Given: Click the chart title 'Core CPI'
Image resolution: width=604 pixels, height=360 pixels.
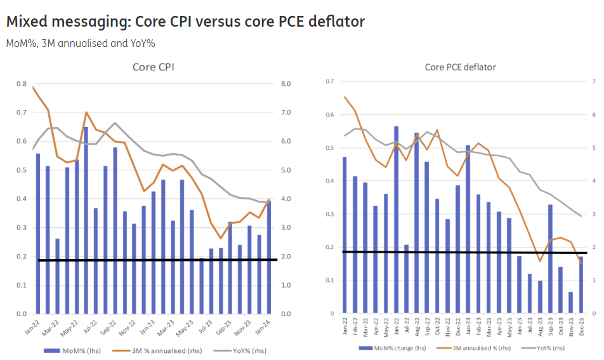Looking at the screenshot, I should click(154, 67).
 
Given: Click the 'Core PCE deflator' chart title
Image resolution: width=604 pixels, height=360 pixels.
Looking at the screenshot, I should click(460, 67).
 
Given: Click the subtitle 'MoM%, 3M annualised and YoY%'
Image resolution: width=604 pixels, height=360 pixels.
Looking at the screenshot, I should click(81, 43).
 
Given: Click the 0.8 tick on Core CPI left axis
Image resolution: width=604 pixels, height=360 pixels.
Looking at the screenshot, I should click(22, 84).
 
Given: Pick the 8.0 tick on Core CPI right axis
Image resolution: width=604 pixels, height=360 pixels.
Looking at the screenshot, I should click(286, 84).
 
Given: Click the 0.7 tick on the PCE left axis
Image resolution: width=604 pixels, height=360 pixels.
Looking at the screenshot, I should click(329, 82).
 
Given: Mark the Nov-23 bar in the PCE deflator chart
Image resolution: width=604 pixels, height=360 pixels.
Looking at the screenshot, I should click(570, 303).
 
